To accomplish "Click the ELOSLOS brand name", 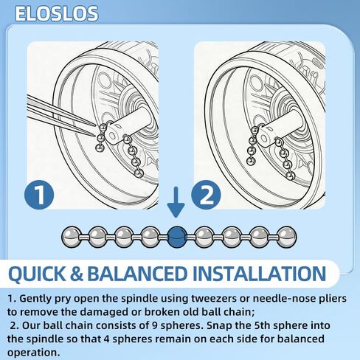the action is pyautogui.click(x=57, y=13).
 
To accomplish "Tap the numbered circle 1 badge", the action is pyautogui.click(x=39, y=195).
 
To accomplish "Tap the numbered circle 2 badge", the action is pyautogui.click(x=206, y=195).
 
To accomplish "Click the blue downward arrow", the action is pyautogui.click(x=176, y=202).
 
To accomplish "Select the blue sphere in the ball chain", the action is pyautogui.click(x=177, y=237).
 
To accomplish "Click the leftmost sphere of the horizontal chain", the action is pyautogui.click(x=72, y=237).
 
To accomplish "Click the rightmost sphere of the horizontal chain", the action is pyautogui.click(x=286, y=237).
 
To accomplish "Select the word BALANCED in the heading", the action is pyautogui.click(x=137, y=274).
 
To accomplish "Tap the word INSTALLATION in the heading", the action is pyautogui.click(x=260, y=274).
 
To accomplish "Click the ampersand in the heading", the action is pyautogui.click(x=77, y=274).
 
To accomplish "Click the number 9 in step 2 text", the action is pyautogui.click(x=153, y=325).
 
